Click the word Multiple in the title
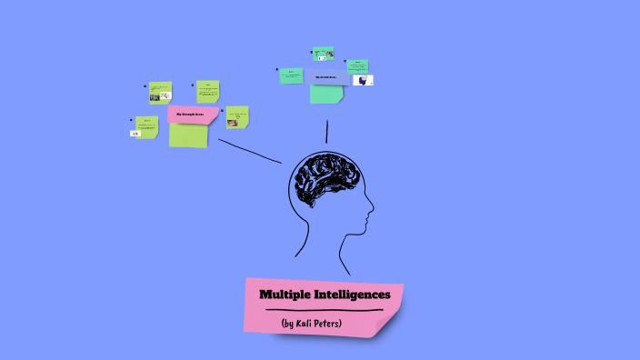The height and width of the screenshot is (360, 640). coord(285,295)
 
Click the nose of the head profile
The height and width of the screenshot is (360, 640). coord(370,215)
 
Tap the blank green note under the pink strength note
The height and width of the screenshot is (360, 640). coord(188,135)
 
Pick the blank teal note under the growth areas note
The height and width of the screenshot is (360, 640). coord(325,94)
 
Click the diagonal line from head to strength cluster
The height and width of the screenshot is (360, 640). coord(250,151)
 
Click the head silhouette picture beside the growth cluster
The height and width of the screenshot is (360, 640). coord(364,80)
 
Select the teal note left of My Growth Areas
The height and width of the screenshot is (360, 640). coord(291,75)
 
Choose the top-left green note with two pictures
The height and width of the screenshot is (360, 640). coord(160,91)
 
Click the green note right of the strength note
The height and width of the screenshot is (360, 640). coord(237,116)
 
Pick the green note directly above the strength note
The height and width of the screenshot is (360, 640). coord(207,91)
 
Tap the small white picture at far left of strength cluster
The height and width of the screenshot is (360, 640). coord(135,134)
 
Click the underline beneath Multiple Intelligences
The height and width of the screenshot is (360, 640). coord(324,310)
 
